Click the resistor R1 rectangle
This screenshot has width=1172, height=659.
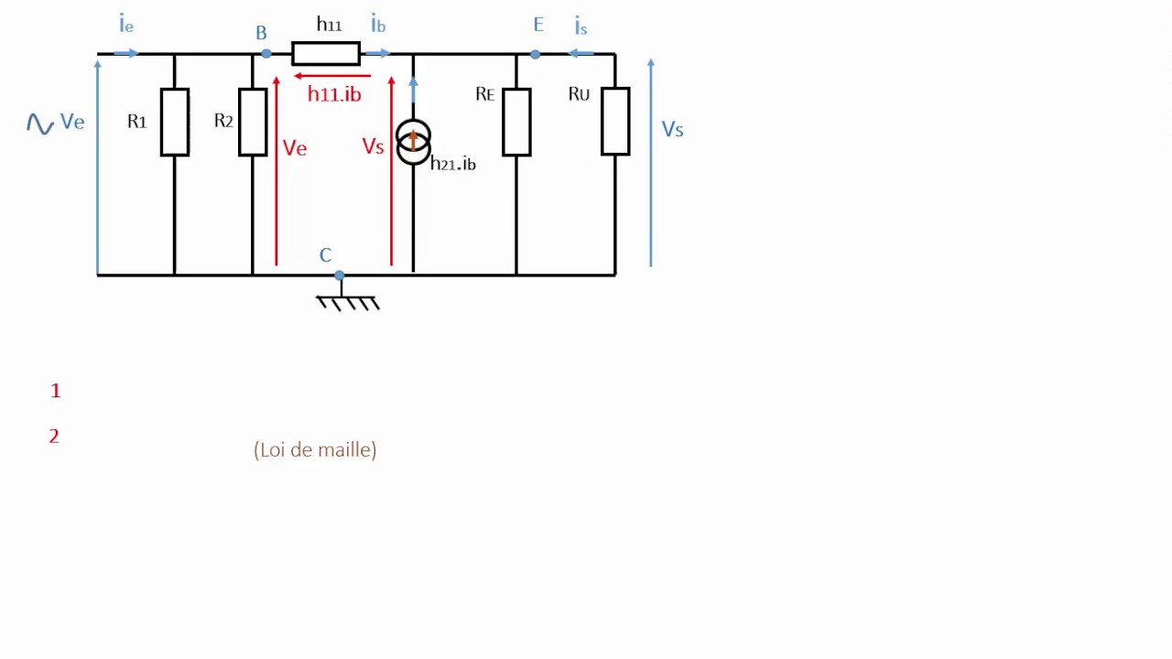point(175,122)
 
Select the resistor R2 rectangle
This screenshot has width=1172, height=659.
point(253,122)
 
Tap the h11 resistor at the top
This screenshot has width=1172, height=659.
point(326,54)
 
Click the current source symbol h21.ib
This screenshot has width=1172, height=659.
point(413,143)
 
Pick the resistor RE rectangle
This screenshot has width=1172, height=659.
point(516,122)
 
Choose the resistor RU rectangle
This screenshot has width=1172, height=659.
point(615,122)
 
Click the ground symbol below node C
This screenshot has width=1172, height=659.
point(347,300)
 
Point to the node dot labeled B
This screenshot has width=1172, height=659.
point(266,54)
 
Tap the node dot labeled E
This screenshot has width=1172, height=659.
point(536,54)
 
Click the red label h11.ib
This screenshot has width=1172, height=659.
point(334,94)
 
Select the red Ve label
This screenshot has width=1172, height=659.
point(295,148)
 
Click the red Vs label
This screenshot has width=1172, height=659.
point(373,146)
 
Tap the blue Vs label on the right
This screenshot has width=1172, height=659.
point(672,130)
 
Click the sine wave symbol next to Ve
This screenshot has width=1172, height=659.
point(40,124)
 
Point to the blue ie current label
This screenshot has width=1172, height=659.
point(126,25)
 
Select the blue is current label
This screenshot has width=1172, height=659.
point(581,27)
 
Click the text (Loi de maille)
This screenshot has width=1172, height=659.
point(315,449)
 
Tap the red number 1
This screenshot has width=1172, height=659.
point(56,391)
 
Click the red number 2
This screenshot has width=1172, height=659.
point(54,437)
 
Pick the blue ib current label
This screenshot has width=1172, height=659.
point(378,25)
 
